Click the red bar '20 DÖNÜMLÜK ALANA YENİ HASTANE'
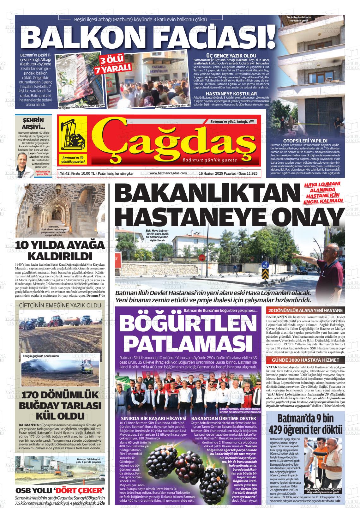pyautogui.click(x=304, y=311)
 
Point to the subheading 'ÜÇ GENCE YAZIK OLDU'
pyautogui.click(x=231, y=56)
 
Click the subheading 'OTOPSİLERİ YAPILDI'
pyautogui.click(x=305, y=141)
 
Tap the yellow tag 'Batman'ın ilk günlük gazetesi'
pyautogui.click(x=73, y=160)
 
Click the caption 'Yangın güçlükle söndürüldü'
pyautogui.click(x=41, y=356)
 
